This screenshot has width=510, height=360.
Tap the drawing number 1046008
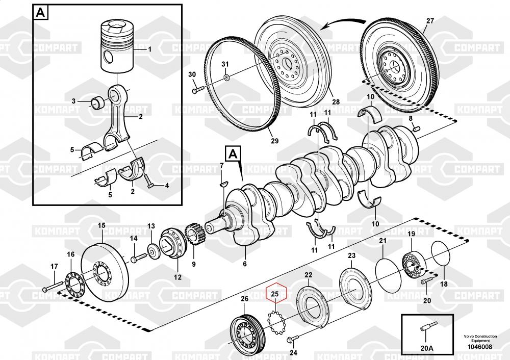coord(477,347)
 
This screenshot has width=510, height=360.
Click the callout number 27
coord(430,21)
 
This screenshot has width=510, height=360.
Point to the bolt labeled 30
coord(200,91)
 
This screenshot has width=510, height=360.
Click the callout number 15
coord(101,225)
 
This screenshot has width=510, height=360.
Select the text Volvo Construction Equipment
coord(477,339)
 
